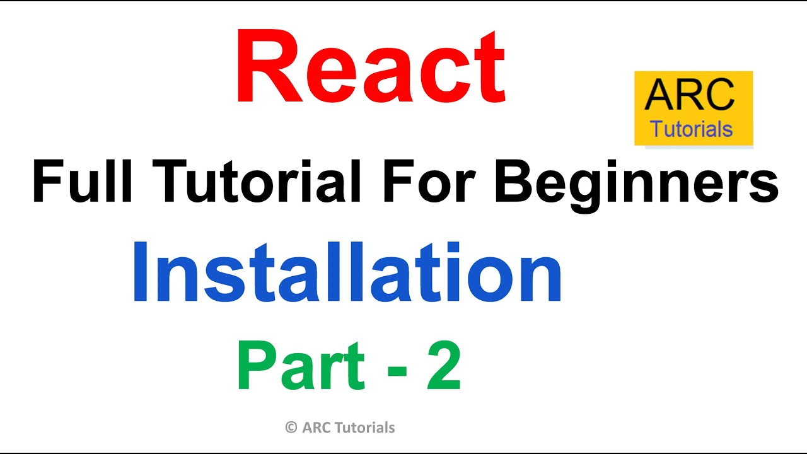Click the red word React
pos(371,69)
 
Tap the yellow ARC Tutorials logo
pos(693,108)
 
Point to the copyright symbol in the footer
pos(291,428)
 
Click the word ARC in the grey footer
pos(318,428)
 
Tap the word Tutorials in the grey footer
pos(366,428)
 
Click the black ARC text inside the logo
pos(690,95)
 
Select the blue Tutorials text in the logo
pos(692,129)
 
